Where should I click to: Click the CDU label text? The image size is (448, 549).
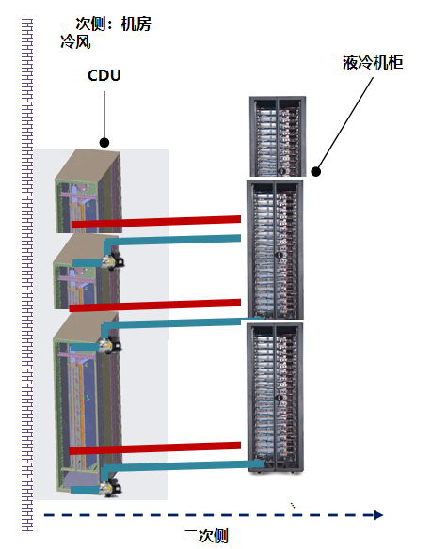104,75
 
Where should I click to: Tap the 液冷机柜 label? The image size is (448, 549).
373,63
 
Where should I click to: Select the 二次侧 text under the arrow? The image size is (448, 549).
206,536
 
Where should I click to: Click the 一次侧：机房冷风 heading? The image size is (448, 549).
105,33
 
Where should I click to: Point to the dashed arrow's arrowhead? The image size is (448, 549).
377,515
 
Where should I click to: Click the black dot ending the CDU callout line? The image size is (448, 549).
104,143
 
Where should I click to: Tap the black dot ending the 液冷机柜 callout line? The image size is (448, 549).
316,171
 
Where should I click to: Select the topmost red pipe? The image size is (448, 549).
156,222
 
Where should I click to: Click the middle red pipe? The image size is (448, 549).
155,305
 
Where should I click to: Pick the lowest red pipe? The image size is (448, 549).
155,448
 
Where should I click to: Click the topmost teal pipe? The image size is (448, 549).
172,241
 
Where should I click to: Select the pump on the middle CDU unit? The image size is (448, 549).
110,344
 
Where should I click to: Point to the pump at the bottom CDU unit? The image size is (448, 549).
110,487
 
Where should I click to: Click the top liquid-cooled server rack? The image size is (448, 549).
278,136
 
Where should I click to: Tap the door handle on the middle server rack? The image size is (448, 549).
280,256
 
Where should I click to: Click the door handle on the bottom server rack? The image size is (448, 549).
280,398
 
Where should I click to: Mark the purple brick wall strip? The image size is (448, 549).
27,274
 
